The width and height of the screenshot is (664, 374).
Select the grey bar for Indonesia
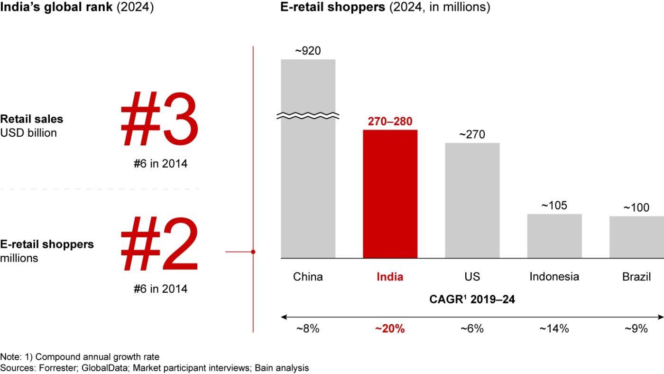coord(554,236)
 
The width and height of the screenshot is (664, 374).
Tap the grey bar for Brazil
coord(636,237)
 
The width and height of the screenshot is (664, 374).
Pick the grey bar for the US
coord(472,200)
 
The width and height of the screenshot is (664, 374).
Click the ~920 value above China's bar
coord(308,50)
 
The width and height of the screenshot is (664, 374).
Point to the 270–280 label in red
coord(390,122)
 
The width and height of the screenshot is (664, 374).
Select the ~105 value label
coord(554,206)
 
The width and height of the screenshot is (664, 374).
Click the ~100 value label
coord(636,208)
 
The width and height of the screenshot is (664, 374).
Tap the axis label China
coord(308,277)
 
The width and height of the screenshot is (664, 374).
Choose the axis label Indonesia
coord(554,277)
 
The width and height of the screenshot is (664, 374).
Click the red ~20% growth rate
coord(390,328)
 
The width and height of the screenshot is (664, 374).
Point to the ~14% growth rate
coord(554,328)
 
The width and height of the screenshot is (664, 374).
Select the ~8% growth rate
coord(308,328)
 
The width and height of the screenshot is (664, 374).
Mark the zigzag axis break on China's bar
coord(308,115)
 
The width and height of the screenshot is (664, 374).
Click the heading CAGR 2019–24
coord(472,299)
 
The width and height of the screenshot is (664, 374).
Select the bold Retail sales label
coord(31,119)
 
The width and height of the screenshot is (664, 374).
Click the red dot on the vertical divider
coord(253,252)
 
